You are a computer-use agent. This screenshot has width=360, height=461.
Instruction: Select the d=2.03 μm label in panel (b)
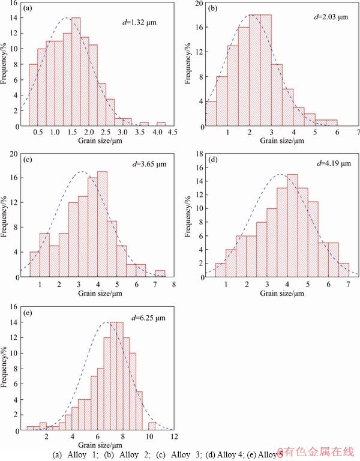(331, 17)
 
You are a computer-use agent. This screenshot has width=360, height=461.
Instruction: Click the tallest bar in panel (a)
(76, 72)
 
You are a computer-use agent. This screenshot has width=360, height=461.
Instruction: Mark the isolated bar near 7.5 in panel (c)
(160, 274)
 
